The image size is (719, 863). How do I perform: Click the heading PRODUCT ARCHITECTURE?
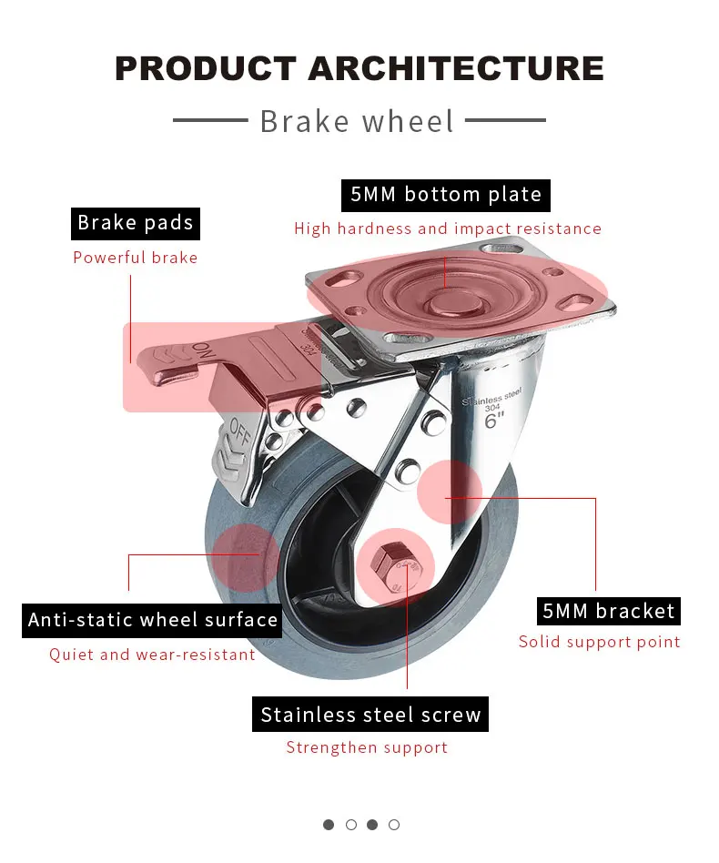click(359, 68)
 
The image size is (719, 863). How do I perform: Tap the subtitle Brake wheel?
click(357, 121)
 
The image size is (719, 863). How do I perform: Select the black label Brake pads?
click(136, 223)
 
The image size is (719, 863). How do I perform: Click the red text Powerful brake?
click(136, 258)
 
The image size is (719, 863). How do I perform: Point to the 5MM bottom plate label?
click(446, 195)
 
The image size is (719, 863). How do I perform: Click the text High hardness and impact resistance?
click(448, 228)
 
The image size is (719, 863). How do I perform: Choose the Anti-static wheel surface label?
click(152, 620)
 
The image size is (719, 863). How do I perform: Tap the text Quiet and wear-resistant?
click(152, 655)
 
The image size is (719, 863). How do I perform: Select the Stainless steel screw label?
click(370, 715)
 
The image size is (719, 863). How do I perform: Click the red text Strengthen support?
click(367, 747)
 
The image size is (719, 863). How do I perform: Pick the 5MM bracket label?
click(609, 611)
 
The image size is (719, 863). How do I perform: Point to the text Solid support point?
click(599, 642)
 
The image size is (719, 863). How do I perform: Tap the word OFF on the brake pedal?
click(240, 432)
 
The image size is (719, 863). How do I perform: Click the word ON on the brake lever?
click(202, 350)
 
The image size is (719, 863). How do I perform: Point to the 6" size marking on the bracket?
click(494, 421)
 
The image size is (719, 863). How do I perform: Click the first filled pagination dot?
click(329, 825)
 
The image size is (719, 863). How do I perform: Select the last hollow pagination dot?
click(394, 825)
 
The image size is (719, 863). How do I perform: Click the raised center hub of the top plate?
click(454, 303)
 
